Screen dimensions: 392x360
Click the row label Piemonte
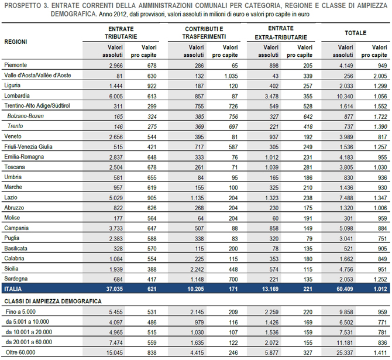tap(15, 65)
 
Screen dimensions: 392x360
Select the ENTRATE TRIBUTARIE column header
tap(121, 33)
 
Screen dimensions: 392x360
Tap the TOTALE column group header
tap(356, 33)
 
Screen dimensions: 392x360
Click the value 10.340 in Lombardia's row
tap(345, 97)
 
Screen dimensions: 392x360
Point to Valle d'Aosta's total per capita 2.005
tap(380, 76)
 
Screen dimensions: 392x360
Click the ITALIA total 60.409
tap(345, 289)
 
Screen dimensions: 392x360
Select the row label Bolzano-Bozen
tap(26, 116)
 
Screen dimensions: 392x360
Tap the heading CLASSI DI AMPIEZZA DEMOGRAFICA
tap(53, 301)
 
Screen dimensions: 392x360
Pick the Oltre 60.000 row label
tap(20, 352)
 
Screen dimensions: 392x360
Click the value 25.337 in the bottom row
tap(345, 353)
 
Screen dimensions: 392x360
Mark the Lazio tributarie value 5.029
tap(116, 198)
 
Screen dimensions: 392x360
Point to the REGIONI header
tap(15, 42)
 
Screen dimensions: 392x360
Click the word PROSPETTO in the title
tap(22, 5)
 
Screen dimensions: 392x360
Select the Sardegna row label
tap(16, 279)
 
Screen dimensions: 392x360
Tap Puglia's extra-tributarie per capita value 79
tap(310, 239)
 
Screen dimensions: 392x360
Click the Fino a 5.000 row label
tap(20, 312)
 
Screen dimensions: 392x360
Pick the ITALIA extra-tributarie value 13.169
tap(270, 289)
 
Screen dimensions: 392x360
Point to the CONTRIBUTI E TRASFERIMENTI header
tap(204, 33)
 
